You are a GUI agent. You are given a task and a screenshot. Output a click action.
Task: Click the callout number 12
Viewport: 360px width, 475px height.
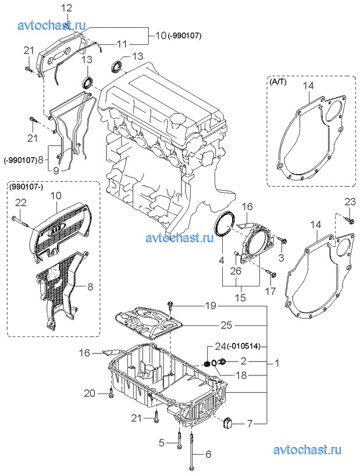[x=67, y=9]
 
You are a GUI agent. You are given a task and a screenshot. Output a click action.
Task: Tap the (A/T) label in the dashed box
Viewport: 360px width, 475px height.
[x=277, y=82]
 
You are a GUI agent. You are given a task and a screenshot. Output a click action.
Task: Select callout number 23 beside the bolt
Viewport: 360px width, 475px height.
[x=350, y=201]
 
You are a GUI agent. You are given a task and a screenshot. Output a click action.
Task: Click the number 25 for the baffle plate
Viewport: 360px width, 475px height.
[x=226, y=325]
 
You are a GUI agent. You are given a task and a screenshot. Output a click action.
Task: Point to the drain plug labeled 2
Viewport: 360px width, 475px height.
[x=223, y=361]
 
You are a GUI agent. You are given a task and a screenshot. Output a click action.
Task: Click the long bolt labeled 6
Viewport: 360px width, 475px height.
[x=192, y=451]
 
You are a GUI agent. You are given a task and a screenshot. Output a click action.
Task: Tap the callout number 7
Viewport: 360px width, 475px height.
[x=249, y=424]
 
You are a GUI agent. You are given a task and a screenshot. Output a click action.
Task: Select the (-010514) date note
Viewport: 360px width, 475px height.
[x=245, y=346]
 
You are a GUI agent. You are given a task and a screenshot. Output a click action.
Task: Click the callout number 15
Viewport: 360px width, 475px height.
[x=241, y=297]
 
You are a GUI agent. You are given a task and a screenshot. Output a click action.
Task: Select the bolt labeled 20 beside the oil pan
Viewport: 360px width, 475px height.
[x=111, y=393]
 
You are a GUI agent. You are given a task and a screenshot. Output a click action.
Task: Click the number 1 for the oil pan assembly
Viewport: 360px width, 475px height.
[x=277, y=363]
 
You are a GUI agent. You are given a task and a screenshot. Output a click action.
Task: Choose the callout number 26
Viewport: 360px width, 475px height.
[x=236, y=271]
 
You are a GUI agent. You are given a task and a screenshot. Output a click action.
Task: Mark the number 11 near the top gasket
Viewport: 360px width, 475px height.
[x=122, y=44]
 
